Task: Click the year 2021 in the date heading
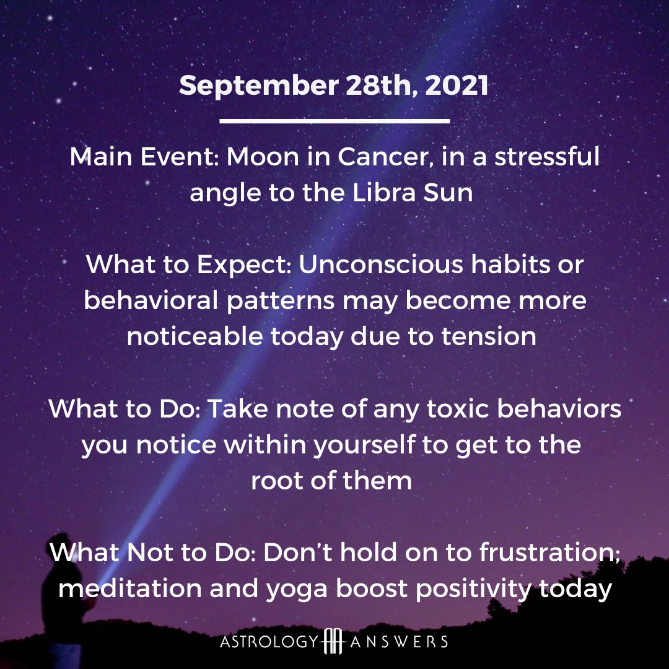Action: click(457, 85)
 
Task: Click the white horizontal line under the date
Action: click(334, 121)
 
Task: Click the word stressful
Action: click(547, 156)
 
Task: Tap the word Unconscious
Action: click(380, 265)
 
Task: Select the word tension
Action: click(489, 336)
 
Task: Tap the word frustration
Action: click(549, 552)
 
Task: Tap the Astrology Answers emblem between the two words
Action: click(333, 641)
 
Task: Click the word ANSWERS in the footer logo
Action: click(399, 642)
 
